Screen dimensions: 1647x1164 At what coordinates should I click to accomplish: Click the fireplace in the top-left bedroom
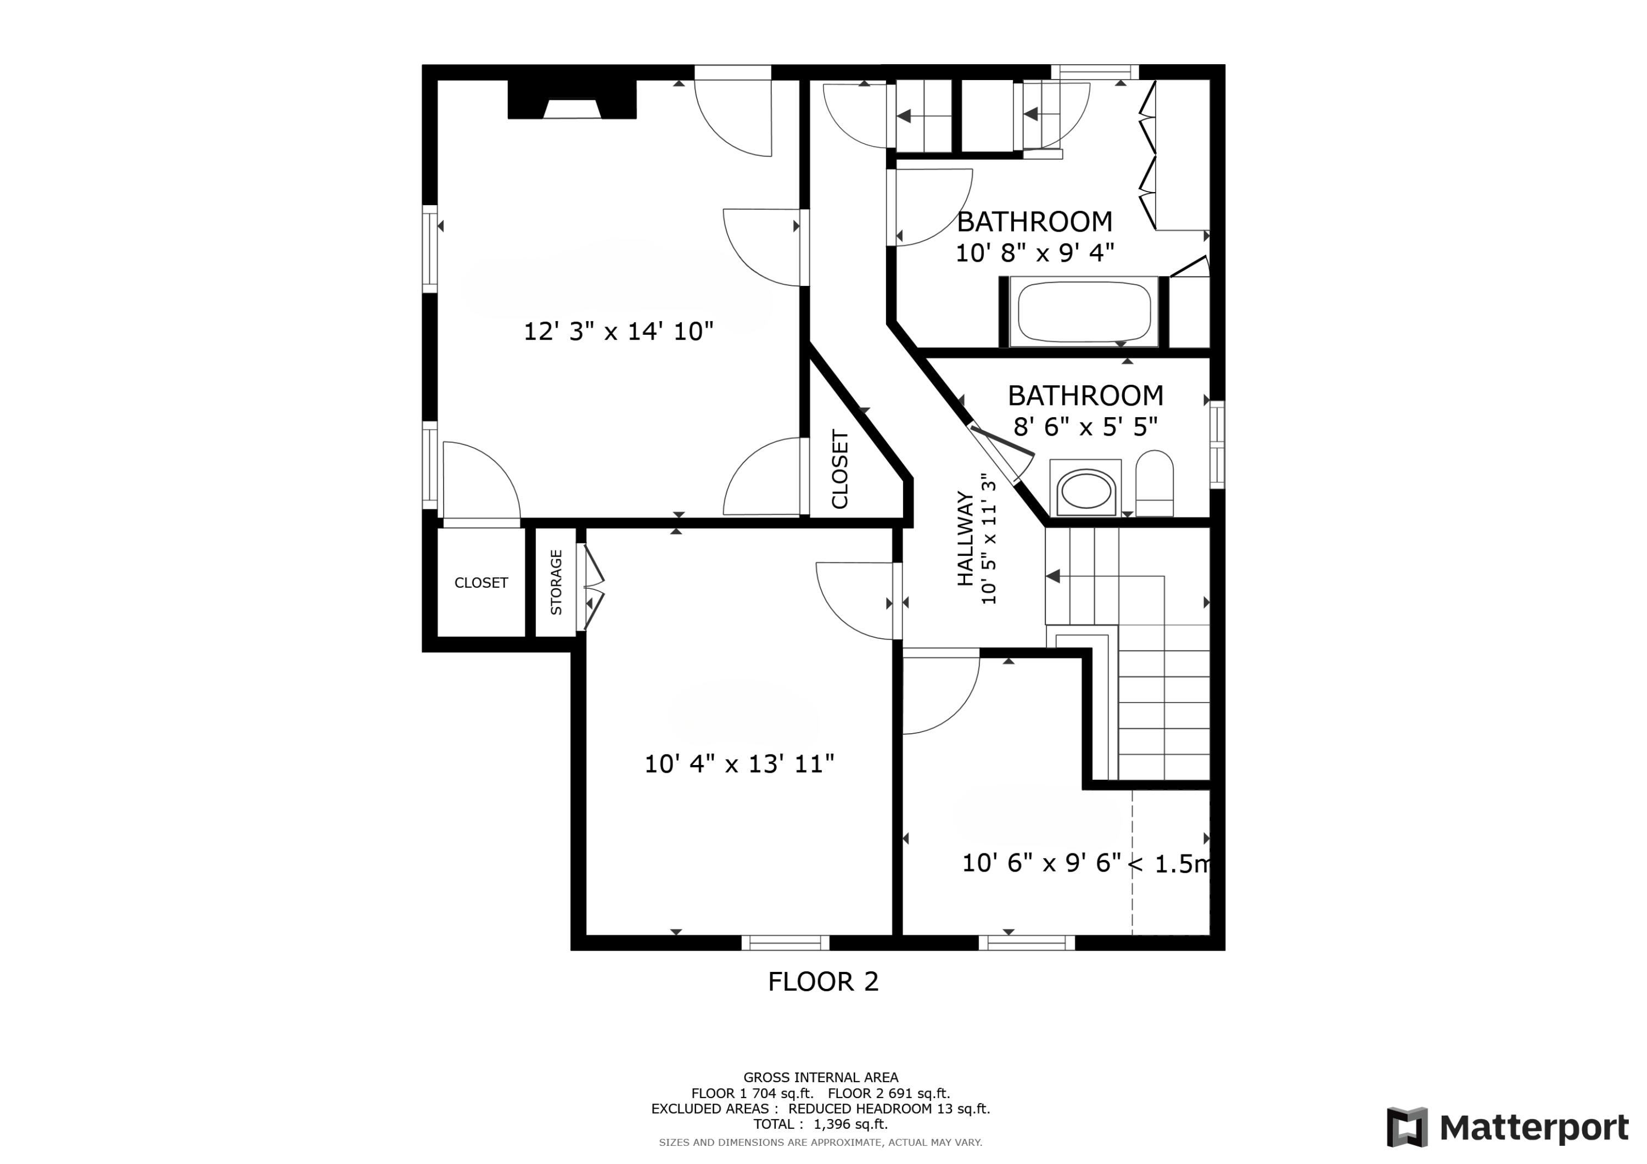pyautogui.click(x=572, y=99)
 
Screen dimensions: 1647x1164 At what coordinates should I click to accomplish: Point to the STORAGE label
pyautogui.click(x=556, y=582)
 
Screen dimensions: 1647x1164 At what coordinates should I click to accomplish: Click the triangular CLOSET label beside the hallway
pyautogui.click(x=839, y=469)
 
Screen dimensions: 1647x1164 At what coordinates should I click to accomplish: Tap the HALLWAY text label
pyautogui.click(x=966, y=538)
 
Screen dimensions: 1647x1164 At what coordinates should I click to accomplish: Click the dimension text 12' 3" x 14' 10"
pyautogui.click(x=618, y=331)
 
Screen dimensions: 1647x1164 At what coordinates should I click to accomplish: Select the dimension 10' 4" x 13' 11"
pyautogui.click(x=739, y=764)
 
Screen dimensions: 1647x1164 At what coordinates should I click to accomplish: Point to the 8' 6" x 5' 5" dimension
pyautogui.click(x=1085, y=427)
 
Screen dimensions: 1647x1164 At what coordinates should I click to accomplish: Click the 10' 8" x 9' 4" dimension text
pyautogui.click(x=1034, y=252)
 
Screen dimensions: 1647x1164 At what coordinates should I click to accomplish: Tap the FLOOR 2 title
pyautogui.click(x=823, y=982)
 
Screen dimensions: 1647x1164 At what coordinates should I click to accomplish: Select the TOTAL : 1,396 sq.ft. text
pyautogui.click(x=820, y=1124)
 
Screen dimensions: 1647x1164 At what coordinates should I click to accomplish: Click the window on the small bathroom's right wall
pyautogui.click(x=1217, y=445)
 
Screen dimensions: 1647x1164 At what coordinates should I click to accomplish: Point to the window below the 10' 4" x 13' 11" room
pyautogui.click(x=785, y=942)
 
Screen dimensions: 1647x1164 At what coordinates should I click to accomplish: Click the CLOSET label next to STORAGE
pyautogui.click(x=480, y=583)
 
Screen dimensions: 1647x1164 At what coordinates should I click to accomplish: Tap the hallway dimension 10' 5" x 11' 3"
pyautogui.click(x=989, y=538)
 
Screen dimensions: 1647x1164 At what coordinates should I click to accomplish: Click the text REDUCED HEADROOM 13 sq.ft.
pyautogui.click(x=889, y=1109)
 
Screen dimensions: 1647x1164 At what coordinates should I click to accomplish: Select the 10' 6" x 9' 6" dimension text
pyautogui.click(x=1041, y=863)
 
